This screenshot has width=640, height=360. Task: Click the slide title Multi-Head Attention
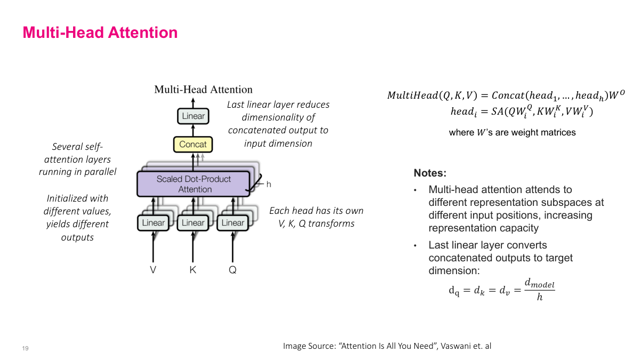pos(100,33)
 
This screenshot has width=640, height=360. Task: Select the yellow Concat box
pos(193,144)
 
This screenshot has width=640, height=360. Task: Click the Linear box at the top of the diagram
pos(193,116)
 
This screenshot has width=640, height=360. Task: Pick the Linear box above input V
pos(154,222)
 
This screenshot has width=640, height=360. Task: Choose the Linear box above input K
pos(193,222)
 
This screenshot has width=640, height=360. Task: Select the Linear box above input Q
pos(233,222)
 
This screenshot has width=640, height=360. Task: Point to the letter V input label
pos(153,270)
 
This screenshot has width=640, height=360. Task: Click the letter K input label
pos(193,270)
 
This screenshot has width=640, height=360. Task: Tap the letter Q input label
pos(233,270)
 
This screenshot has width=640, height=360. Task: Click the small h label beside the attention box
pos(269,185)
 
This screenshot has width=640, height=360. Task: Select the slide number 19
pos(25,348)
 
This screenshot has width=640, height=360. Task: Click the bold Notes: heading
pos(430,173)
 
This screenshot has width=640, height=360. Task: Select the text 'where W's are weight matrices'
pos(512,132)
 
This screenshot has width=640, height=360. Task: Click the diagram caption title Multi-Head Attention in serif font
pos(203,90)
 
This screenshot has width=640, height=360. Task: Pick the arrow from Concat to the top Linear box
pos(193,130)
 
